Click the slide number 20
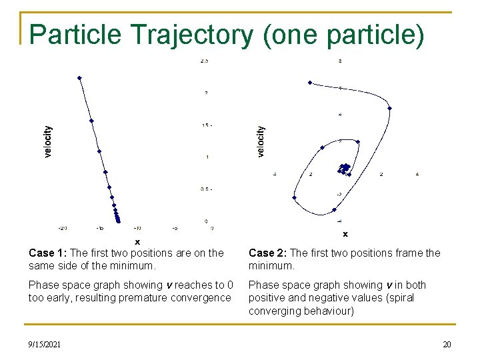446,344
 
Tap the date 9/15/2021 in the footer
45,344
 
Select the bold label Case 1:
48,253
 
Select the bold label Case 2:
268,253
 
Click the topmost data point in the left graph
79,78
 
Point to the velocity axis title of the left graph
47,142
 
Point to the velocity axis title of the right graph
261,142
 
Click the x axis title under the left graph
137,241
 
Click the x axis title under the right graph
345,234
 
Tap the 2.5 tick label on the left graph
204,61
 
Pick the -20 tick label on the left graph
62,228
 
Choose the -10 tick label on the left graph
137,228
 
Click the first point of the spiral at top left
310,83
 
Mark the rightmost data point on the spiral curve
390,108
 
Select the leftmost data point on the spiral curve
294,197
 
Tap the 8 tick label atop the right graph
340,61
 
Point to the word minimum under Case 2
268,265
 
